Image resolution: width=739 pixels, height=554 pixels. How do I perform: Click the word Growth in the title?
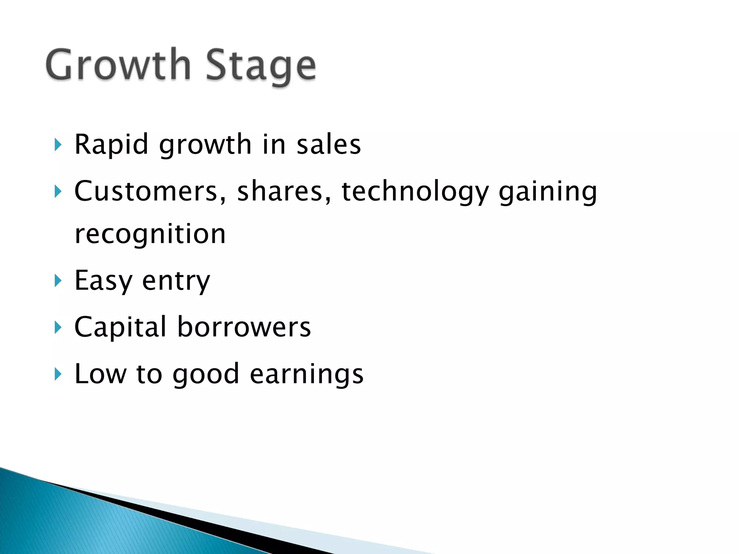click(118, 65)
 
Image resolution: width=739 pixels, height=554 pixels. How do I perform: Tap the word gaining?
click(548, 192)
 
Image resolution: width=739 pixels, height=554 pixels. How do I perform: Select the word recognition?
click(150, 234)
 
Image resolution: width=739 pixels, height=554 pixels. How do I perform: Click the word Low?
click(100, 374)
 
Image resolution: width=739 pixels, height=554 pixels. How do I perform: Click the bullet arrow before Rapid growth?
click(58, 145)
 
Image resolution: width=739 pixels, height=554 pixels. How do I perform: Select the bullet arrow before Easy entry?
click(58, 281)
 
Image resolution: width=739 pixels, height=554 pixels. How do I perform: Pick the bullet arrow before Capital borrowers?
click(58, 327)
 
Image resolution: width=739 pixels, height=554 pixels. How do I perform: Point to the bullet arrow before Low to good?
click(58, 374)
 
